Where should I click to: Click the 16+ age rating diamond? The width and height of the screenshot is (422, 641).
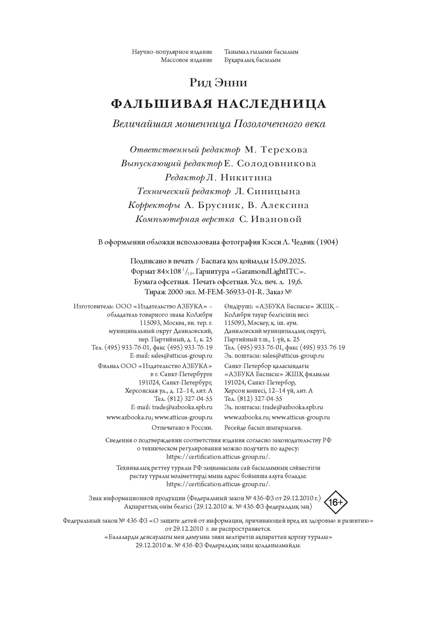click(x=336, y=502)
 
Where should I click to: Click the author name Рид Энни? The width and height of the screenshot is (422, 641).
click(x=218, y=83)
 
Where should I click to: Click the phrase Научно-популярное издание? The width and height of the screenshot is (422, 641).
click(x=172, y=51)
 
